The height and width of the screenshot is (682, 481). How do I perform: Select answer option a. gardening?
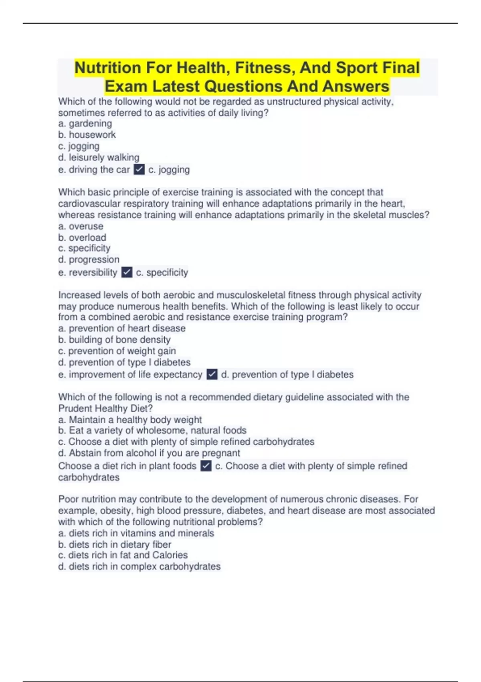[85, 124]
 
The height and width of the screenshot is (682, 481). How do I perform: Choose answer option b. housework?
[87, 135]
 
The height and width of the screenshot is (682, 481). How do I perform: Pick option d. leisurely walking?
[99, 157]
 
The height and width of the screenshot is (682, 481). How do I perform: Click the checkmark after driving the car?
[139, 170]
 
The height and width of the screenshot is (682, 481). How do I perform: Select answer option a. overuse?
[81, 226]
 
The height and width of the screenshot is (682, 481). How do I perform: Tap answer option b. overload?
[82, 237]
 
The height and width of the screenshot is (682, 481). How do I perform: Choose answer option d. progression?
[89, 260]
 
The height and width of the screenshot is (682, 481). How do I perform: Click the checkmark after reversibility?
[127, 272]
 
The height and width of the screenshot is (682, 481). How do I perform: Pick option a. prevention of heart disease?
[122, 328]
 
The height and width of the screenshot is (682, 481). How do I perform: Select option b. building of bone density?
[114, 339]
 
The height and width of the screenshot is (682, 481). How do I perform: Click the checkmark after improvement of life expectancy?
[212, 374]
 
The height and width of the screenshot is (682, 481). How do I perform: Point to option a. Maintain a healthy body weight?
[130, 420]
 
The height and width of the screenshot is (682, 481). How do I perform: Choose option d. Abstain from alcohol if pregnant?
[149, 453]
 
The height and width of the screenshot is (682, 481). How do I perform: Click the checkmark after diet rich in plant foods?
[206, 466]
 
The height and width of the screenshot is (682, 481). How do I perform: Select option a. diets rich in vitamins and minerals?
[136, 533]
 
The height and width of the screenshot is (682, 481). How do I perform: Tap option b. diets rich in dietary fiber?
[115, 544]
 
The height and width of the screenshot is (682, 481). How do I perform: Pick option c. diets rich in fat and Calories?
[123, 555]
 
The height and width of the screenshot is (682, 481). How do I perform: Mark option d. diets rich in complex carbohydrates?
[139, 566]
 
